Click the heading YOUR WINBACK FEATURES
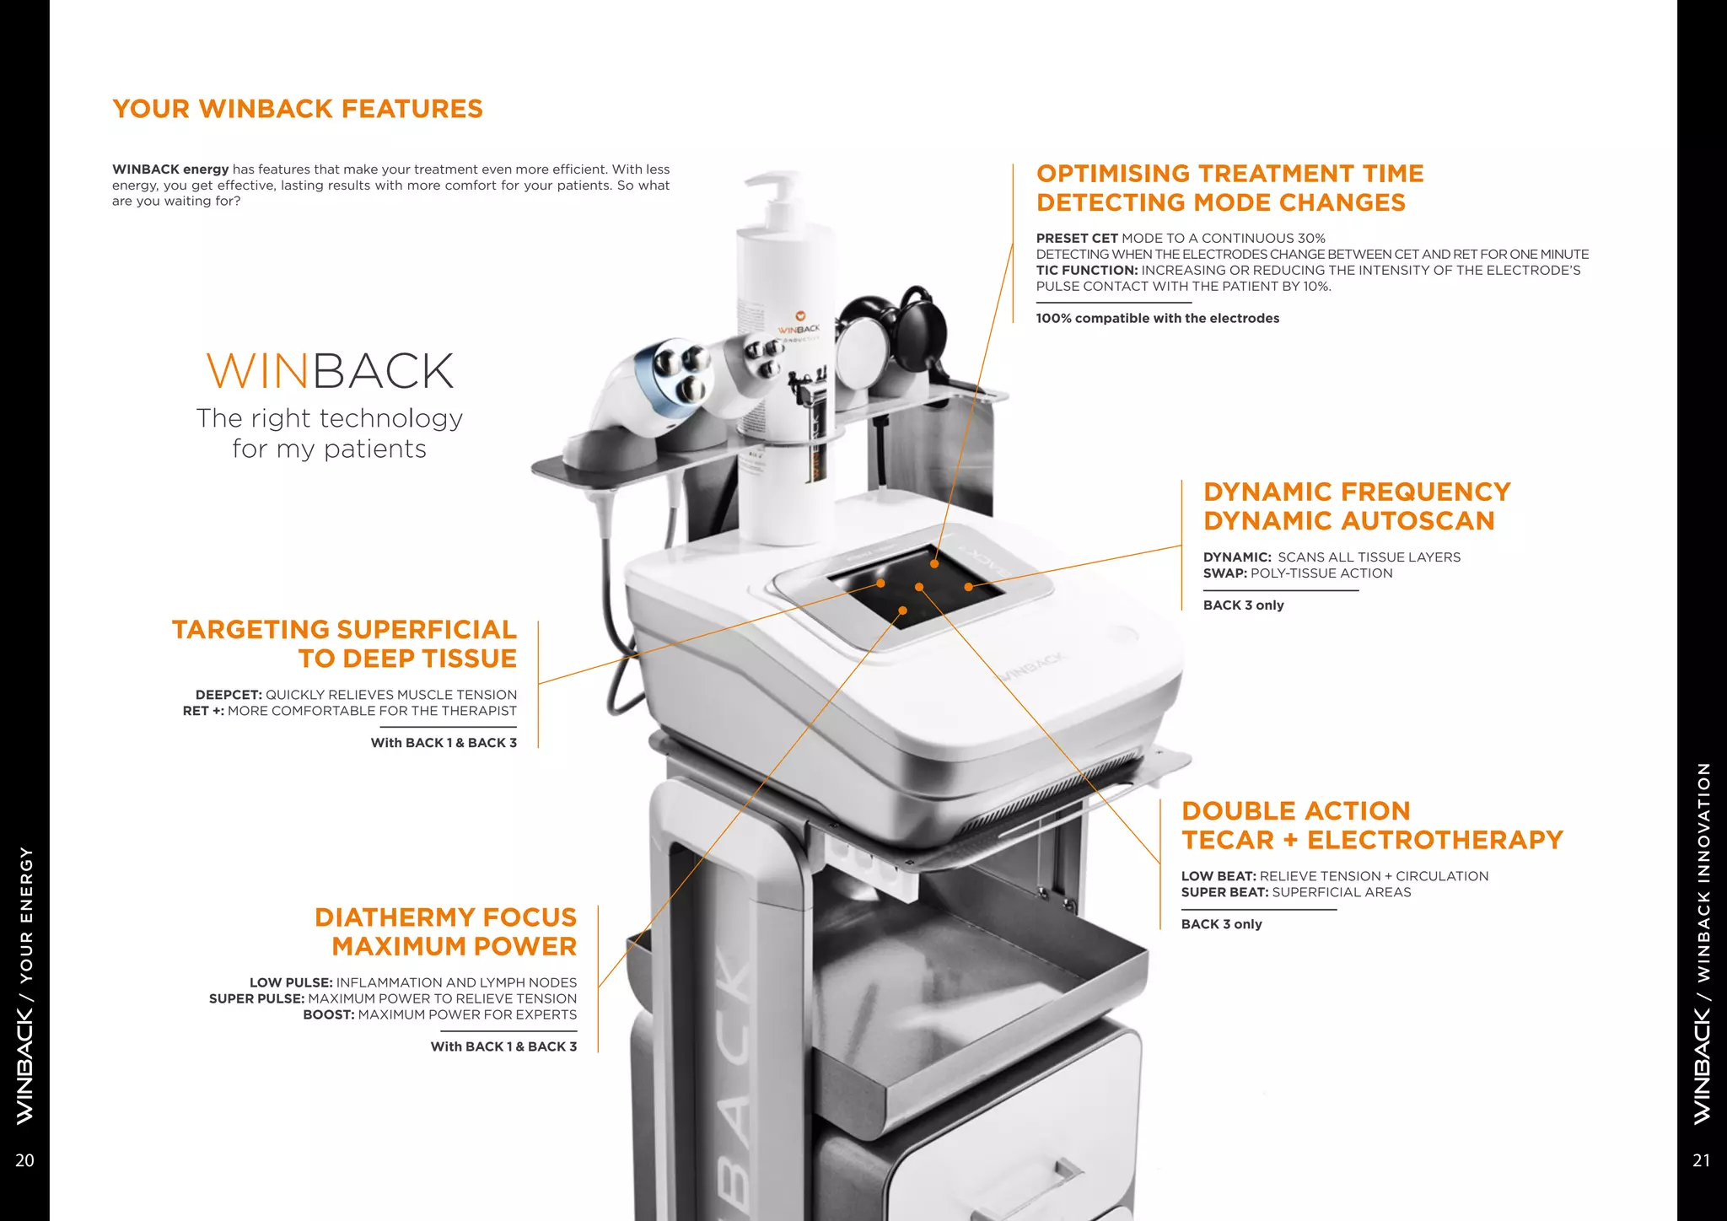(297, 109)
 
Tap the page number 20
(24, 1160)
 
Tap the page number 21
(1701, 1160)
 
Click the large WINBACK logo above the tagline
(330, 371)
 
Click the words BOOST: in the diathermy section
(328, 1014)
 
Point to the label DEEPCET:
(229, 695)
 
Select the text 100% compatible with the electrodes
(1157, 318)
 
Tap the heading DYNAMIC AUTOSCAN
(1348, 521)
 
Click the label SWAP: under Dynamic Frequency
(1224, 573)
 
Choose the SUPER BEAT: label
(1224, 892)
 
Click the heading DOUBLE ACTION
(1295, 811)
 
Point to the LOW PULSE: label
(291, 982)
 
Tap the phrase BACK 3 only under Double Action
(1221, 924)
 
